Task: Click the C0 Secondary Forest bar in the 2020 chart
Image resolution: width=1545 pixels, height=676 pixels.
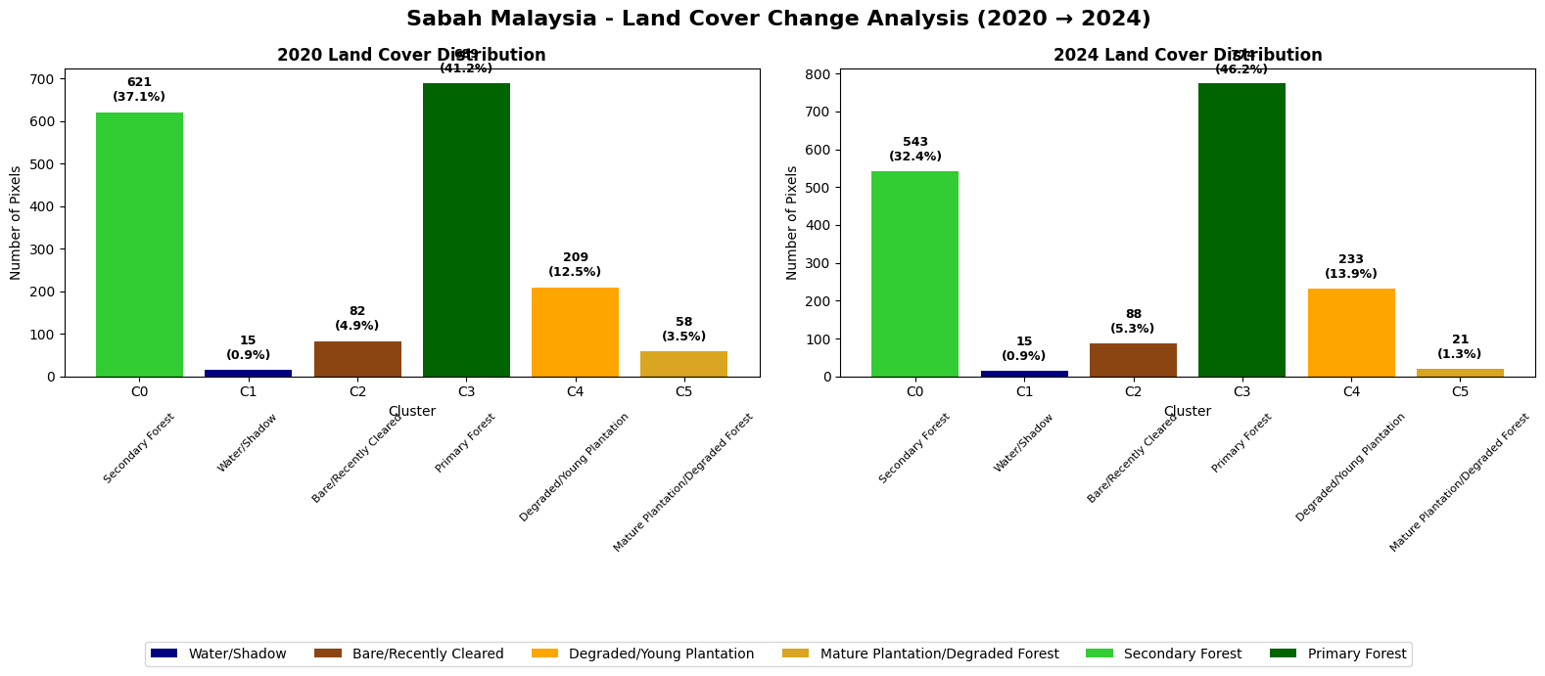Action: pyautogui.click(x=139, y=245)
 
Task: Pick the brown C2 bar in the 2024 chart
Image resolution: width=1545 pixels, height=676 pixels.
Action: pyautogui.click(x=1133, y=360)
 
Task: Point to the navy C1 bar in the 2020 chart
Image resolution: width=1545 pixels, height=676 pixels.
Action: pyautogui.click(x=248, y=373)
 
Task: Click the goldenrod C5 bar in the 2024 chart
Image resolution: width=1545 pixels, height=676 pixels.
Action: pyautogui.click(x=1460, y=373)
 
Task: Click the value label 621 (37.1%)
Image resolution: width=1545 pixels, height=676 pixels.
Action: pyautogui.click(x=139, y=90)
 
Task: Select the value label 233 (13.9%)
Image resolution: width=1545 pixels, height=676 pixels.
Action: pyautogui.click(x=1351, y=267)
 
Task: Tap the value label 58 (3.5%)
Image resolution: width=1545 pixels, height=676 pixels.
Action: pyautogui.click(x=683, y=330)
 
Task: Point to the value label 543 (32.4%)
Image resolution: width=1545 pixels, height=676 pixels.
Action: pyautogui.click(x=915, y=150)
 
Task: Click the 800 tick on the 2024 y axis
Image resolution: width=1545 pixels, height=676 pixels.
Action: pyautogui.click(x=819, y=74)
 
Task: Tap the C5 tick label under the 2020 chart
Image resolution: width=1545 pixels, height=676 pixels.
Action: pyautogui.click(x=683, y=392)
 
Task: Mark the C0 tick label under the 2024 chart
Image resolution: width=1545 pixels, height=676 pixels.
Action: pyautogui.click(x=915, y=392)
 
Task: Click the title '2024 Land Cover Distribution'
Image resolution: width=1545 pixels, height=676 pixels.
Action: pyautogui.click(x=1187, y=56)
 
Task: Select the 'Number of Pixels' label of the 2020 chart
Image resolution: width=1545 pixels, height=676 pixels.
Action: pyautogui.click(x=16, y=223)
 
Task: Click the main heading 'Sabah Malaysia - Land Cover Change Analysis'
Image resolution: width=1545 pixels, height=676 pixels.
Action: pyautogui.click(x=778, y=20)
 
